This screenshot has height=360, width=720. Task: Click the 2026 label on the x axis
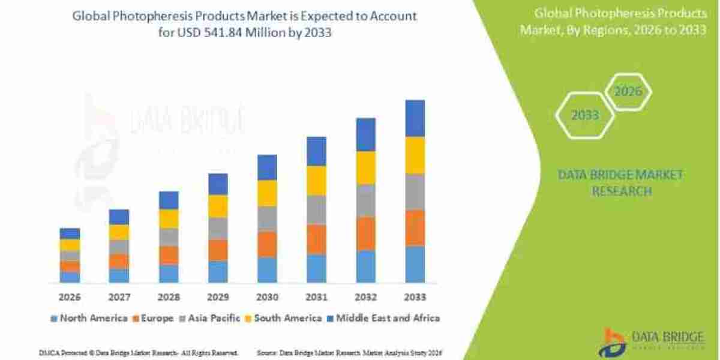(x=70, y=297)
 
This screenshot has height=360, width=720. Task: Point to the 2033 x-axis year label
(x=415, y=297)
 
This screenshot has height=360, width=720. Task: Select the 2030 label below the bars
(x=267, y=297)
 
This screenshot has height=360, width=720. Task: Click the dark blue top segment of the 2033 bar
(x=415, y=118)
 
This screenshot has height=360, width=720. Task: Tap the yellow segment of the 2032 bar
(x=366, y=167)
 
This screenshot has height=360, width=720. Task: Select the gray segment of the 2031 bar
(x=316, y=210)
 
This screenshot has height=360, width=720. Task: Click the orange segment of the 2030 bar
(x=267, y=244)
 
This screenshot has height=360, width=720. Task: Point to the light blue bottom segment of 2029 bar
(x=218, y=272)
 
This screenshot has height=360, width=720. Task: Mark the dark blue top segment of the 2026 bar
(x=70, y=233)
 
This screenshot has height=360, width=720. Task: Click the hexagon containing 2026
(x=628, y=92)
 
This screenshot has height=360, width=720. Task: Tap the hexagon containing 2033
(x=584, y=115)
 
